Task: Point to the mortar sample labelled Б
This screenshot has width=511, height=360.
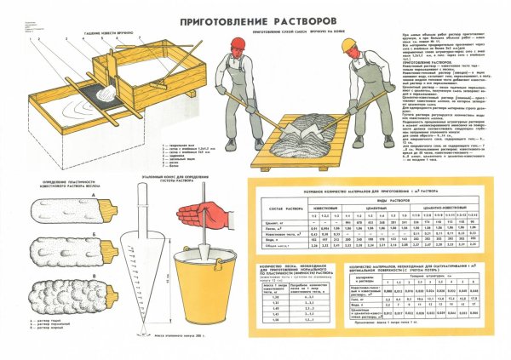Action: point(61,250)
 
